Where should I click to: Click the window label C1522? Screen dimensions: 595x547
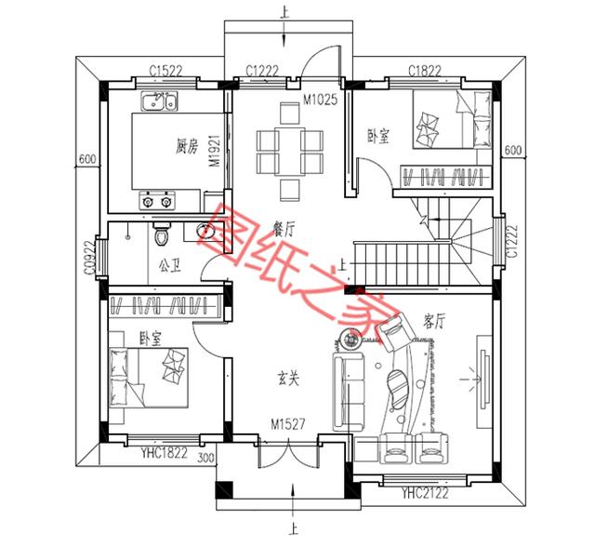tap(165, 71)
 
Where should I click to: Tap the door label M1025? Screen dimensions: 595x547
tap(320, 100)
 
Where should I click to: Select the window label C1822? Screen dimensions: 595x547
tap(425, 71)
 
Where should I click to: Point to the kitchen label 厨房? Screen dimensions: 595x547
tap(187, 146)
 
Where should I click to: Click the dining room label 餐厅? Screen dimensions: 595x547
tap(284, 229)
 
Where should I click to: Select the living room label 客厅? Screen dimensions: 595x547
tap(433, 322)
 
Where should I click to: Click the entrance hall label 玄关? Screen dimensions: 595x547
tap(288, 378)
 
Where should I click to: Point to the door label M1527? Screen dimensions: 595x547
tap(287, 424)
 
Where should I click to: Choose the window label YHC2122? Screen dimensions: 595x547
tap(425, 493)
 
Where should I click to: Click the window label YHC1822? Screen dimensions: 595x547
tap(164, 452)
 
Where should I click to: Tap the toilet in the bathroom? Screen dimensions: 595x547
tap(162, 233)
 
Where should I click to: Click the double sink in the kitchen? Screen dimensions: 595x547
tap(159, 101)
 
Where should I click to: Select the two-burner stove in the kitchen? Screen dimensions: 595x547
tap(157, 200)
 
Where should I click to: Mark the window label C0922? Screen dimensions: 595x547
tap(89, 258)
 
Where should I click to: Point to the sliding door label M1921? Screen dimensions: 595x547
tap(215, 151)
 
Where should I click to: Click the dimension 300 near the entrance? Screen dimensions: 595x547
tap(205, 458)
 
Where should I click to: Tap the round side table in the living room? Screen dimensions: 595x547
tap(350, 340)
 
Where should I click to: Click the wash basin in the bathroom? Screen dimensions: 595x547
tap(205, 231)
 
